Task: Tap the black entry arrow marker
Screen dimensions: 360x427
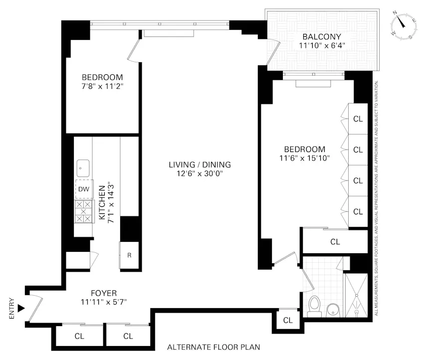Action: tap(20, 308)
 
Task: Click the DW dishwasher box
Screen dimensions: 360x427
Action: tap(83, 189)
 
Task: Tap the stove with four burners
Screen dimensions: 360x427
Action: tap(83, 211)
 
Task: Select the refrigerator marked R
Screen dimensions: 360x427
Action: tap(129, 255)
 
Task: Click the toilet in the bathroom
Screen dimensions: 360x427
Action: tap(314, 306)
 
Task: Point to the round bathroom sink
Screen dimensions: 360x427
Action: tap(333, 310)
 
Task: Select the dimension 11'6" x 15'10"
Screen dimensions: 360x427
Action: tap(304, 158)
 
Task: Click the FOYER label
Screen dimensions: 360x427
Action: tap(103, 293)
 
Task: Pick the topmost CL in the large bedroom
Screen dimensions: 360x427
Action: tap(358, 119)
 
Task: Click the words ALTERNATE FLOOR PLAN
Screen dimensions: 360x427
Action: tap(213, 348)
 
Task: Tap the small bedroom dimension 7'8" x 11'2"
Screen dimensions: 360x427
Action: tap(102, 86)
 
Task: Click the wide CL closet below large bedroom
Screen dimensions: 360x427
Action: tap(335, 242)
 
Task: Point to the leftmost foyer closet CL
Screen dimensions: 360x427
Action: tap(79, 336)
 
